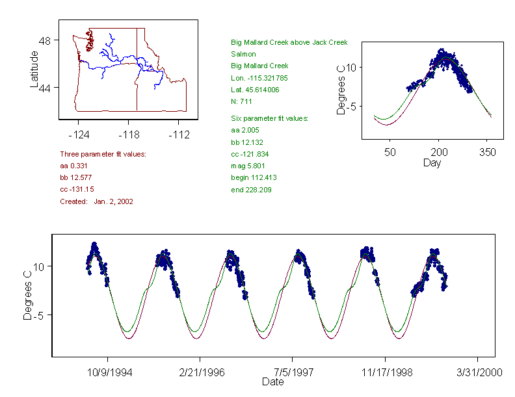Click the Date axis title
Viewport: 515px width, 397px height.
coord(273,382)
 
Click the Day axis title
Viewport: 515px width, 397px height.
coord(432,163)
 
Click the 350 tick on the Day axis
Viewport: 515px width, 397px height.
coord(488,152)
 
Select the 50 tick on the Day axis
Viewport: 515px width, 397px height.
coord(390,152)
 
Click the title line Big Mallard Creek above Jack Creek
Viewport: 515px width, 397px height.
coord(289,42)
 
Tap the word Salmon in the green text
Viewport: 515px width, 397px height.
coord(243,54)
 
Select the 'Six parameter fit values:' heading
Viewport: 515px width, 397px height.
coord(269,118)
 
